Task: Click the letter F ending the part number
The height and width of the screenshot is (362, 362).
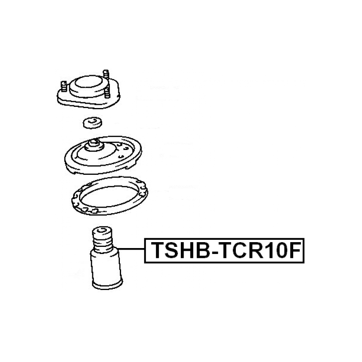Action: (295, 250)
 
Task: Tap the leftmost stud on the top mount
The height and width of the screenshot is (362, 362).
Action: (64, 86)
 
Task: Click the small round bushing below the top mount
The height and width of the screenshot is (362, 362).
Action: (93, 123)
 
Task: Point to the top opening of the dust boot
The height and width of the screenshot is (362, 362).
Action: (102, 230)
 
